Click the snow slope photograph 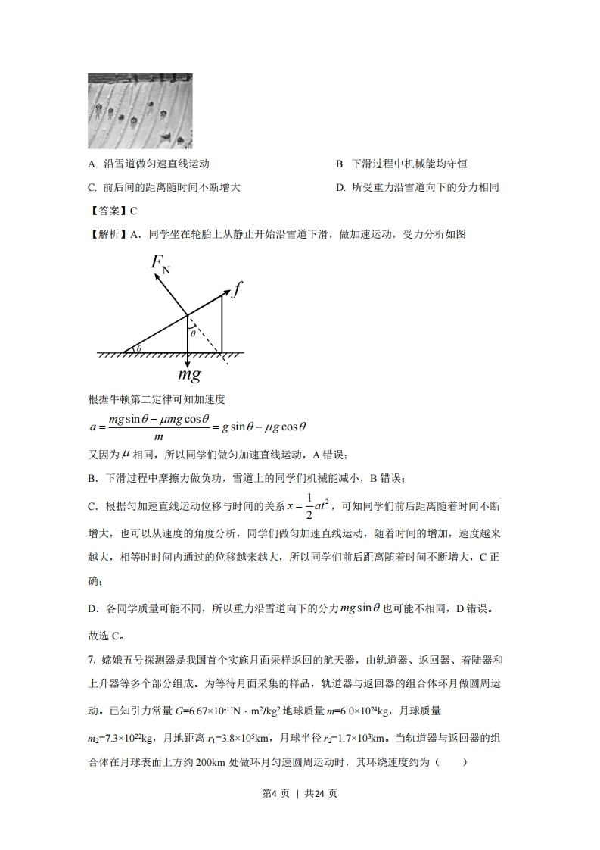pos(140,111)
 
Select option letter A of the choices pos(92,164)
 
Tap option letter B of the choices pos(340,164)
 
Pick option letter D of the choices pos(340,187)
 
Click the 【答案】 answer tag pos(106,211)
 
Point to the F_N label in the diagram pos(160,264)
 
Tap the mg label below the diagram pos(188,374)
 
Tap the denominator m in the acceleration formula pos(158,437)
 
